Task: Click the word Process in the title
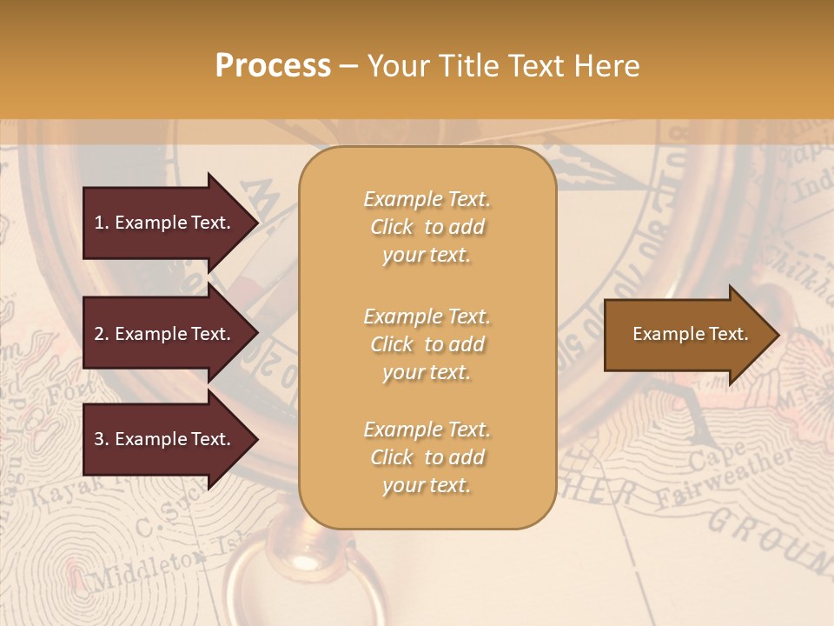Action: point(273,66)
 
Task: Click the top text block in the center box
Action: point(427,227)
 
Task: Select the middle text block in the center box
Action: point(427,343)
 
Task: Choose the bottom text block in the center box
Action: point(427,456)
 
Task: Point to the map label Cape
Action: point(718,456)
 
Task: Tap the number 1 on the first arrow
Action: point(99,223)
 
